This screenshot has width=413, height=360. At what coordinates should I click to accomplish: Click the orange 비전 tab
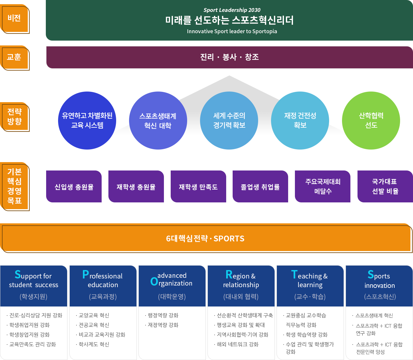15,19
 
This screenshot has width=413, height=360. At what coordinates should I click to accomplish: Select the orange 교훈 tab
15,58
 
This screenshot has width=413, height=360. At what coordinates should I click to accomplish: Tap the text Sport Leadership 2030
232,10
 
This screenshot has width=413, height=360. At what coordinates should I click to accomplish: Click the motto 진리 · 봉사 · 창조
229,57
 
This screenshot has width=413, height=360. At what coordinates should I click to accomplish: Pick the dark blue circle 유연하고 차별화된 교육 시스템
87,121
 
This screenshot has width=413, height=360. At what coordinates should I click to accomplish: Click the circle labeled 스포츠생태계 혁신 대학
158,121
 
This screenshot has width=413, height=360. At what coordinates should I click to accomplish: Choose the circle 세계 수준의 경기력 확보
229,121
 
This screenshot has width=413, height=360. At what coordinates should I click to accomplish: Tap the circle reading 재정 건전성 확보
300,121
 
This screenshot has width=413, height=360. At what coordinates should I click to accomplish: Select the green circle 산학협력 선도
371,121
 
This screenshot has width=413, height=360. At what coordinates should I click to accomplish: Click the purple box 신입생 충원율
74,187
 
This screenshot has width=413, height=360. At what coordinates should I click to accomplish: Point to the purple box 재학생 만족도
198,187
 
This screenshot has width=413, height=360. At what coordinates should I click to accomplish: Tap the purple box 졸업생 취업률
260,187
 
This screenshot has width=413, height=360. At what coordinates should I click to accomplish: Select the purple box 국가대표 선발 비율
385,187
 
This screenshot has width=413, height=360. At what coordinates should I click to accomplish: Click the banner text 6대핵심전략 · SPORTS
205,238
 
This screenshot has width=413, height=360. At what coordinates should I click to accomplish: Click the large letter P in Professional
86,275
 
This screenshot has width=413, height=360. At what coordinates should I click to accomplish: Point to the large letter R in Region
229,275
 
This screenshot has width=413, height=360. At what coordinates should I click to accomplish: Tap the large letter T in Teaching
294,275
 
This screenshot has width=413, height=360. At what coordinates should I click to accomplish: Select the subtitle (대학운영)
172,297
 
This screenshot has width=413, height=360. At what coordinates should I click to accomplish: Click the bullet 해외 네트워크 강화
236,344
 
